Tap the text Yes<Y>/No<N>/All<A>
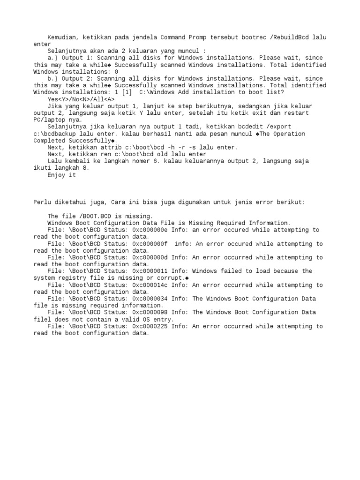pyautogui.click(x=81, y=99)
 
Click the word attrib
pyautogui.click(x=121, y=147)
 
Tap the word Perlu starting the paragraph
pyautogui.click(x=42, y=202)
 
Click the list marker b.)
pyautogui.click(x=52, y=79)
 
